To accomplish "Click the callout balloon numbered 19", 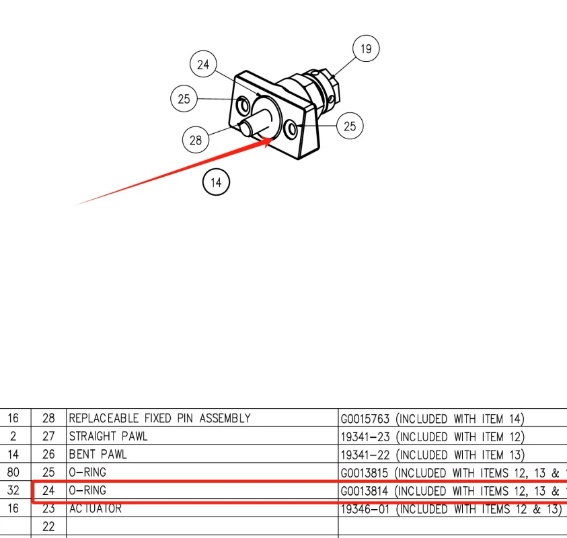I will (x=365, y=49).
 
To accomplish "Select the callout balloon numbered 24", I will (x=203, y=65).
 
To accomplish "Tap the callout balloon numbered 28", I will (x=196, y=140).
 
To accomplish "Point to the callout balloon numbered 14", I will (x=216, y=182).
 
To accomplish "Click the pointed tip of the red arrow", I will (x=271, y=139).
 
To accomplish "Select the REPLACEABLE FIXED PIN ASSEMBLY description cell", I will (x=160, y=418).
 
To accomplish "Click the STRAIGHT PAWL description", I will (x=108, y=436).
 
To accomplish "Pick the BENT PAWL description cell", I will (x=98, y=455).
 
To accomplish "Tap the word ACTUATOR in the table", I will (x=96, y=509).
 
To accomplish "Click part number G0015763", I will (x=365, y=419).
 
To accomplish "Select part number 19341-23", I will (x=363, y=437).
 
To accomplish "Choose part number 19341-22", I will (x=363, y=455).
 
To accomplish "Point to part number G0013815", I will (x=365, y=473).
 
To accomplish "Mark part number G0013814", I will (x=365, y=491).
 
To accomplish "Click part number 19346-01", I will (x=363, y=509).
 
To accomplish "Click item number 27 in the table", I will (x=48, y=436).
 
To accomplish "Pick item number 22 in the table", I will (x=48, y=527).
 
